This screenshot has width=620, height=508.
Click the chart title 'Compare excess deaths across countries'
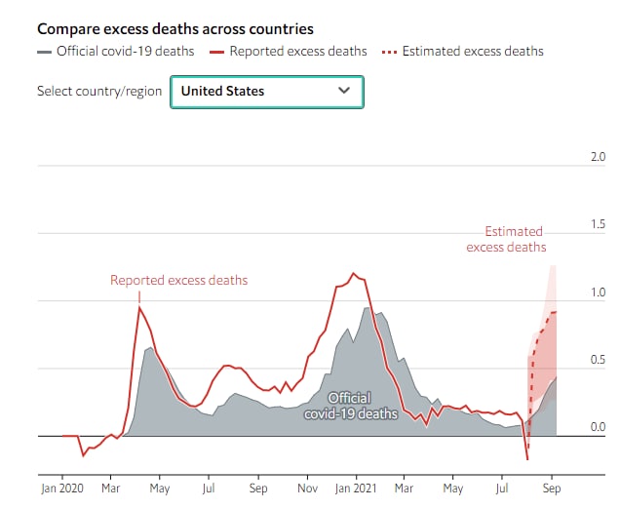[174, 29]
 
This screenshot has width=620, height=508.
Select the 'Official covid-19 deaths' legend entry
[116, 51]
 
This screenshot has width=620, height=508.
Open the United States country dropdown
[266, 91]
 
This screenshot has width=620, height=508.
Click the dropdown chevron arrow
[343, 91]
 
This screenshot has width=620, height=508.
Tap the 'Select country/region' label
[98, 91]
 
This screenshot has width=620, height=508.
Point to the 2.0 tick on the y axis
[599, 156]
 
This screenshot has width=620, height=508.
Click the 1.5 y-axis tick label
[599, 224]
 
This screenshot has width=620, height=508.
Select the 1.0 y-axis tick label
[599, 292]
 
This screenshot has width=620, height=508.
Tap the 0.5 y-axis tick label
[599, 359]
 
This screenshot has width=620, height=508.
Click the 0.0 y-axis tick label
[599, 427]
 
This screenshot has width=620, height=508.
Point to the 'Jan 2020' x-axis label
[62, 488]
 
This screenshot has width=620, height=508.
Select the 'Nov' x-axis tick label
[308, 488]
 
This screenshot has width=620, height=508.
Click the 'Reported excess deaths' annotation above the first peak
[178, 281]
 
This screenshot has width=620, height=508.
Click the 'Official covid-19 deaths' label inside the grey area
[349, 406]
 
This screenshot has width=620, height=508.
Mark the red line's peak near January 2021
[353, 273]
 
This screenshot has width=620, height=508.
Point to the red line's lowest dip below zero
[527, 459]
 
